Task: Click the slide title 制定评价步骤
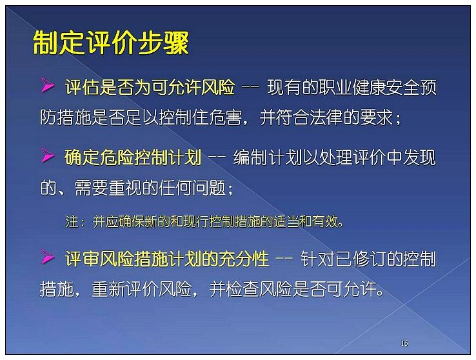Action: tap(111, 43)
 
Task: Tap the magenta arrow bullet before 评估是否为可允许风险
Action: tap(48, 85)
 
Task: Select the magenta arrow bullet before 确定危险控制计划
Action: tap(48, 155)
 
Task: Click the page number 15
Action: tap(404, 343)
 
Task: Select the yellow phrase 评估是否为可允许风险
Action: tap(150, 87)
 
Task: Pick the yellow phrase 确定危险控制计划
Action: tap(133, 157)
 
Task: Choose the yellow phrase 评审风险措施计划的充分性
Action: tap(166, 259)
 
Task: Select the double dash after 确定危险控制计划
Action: tap(217, 157)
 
